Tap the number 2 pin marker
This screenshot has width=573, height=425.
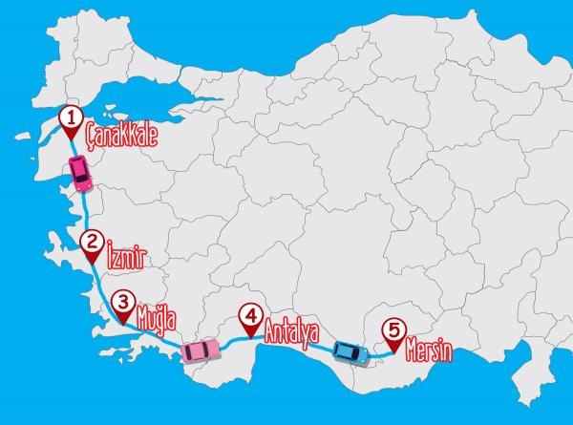coord(92,244)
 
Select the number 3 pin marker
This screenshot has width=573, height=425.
coord(122,302)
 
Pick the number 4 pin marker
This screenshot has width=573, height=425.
coord(250,316)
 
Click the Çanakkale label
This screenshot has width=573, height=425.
coord(120,133)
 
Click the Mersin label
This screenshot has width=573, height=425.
coord(427,346)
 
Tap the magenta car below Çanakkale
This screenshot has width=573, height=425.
coord(80,175)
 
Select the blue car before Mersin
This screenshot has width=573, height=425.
coord(350,351)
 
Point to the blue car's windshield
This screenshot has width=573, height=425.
coord(358,351)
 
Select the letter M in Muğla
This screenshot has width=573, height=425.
coord(144,312)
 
